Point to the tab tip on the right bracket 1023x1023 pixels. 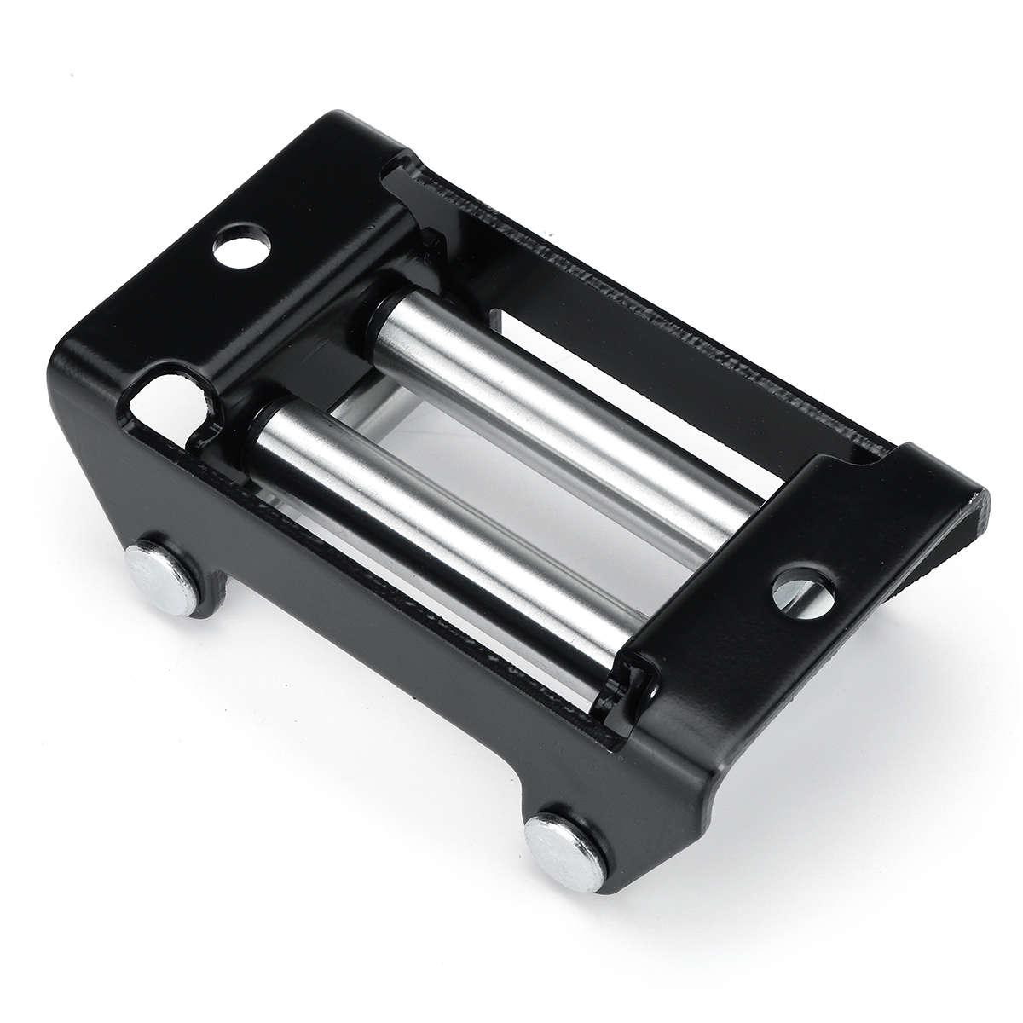click(x=980, y=503)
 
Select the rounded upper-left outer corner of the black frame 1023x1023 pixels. click(x=68, y=358)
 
